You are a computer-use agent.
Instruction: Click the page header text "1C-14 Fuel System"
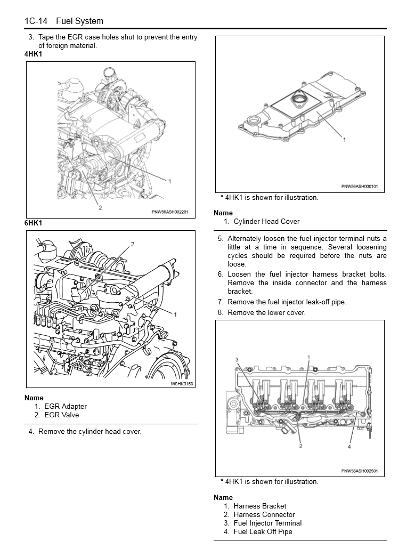(64, 21)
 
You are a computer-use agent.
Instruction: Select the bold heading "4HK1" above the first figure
(33, 54)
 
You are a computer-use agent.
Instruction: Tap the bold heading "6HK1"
(33, 223)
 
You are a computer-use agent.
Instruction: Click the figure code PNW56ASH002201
(170, 212)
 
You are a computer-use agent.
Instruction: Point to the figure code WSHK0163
(182, 384)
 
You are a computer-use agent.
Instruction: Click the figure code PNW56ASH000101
(359, 187)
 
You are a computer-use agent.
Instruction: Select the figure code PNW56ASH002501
(359, 471)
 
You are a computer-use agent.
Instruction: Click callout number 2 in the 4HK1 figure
(100, 207)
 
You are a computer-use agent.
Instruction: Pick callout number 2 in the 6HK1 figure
(133, 244)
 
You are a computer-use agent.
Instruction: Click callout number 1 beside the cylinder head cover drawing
(344, 139)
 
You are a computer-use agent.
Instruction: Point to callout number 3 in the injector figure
(237, 360)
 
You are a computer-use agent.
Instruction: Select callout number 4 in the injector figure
(349, 447)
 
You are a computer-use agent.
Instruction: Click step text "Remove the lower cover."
(266, 312)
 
